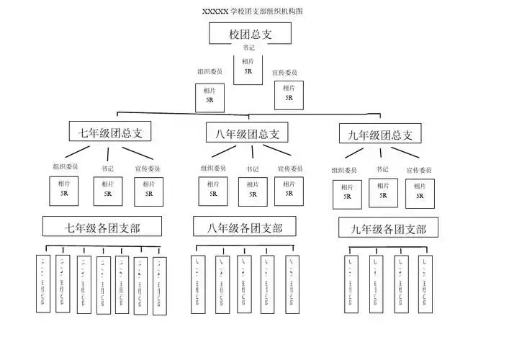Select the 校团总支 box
[250, 34]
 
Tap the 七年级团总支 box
[110, 132]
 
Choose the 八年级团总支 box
[247, 133]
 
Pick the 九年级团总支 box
[380, 134]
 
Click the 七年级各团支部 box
[102, 227]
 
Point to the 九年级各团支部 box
[389, 229]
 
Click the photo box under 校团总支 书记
[248, 67]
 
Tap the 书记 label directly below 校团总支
[248, 48]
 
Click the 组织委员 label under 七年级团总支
[65, 167]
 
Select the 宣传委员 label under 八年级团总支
[289, 168]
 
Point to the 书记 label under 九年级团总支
[382, 170]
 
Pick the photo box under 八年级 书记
[253, 191]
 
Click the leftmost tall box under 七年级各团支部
[45, 284]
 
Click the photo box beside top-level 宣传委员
[289, 94]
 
